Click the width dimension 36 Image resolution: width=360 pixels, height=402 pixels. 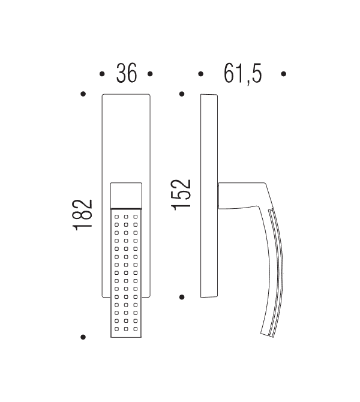coord(125,73)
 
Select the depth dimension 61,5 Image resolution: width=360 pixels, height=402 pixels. coord(242,73)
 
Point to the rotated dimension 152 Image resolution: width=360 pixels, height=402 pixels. coord(181,194)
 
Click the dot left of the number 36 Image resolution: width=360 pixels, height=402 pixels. coord(101,74)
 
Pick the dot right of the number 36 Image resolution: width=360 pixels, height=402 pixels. coord(150,74)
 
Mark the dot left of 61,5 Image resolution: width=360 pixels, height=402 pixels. coord(201,74)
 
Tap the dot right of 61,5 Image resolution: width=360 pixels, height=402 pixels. coord(283,74)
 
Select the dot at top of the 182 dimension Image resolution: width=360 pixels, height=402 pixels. coord(83,94)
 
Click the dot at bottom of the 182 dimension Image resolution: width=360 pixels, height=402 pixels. coord(83,337)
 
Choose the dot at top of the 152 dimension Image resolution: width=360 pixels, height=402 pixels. coord(181,94)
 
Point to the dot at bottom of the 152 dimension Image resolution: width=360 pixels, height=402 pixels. coord(181,296)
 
